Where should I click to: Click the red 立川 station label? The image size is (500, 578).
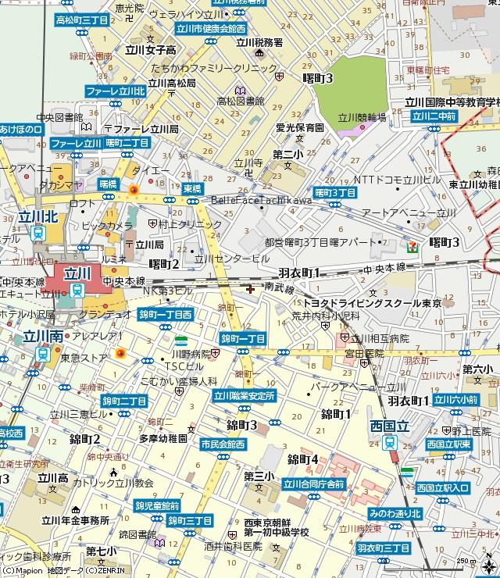(x=77, y=274)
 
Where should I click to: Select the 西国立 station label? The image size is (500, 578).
(x=390, y=427)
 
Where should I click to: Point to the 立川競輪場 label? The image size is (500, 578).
(x=362, y=116)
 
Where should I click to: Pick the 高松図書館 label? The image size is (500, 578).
(x=241, y=101)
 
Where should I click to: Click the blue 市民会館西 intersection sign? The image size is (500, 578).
(x=223, y=444)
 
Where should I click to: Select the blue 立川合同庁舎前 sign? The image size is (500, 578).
(x=313, y=483)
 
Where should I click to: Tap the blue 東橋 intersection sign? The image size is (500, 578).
(x=192, y=188)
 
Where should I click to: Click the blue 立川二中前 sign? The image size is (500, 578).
(x=434, y=116)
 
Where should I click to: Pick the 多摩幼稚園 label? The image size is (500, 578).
(x=164, y=439)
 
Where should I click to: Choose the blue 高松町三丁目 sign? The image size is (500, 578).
(x=87, y=18)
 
